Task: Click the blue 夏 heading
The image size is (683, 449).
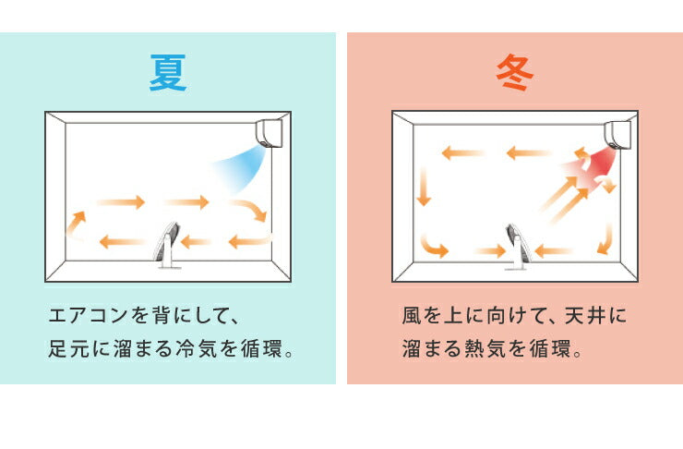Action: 168,72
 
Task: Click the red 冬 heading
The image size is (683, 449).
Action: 515,72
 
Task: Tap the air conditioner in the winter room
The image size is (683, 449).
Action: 618,134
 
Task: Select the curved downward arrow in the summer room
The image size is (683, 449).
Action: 250,212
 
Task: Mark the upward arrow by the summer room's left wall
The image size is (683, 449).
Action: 76,223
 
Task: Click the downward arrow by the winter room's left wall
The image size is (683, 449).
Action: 424,187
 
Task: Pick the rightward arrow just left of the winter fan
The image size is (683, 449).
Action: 489,250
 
